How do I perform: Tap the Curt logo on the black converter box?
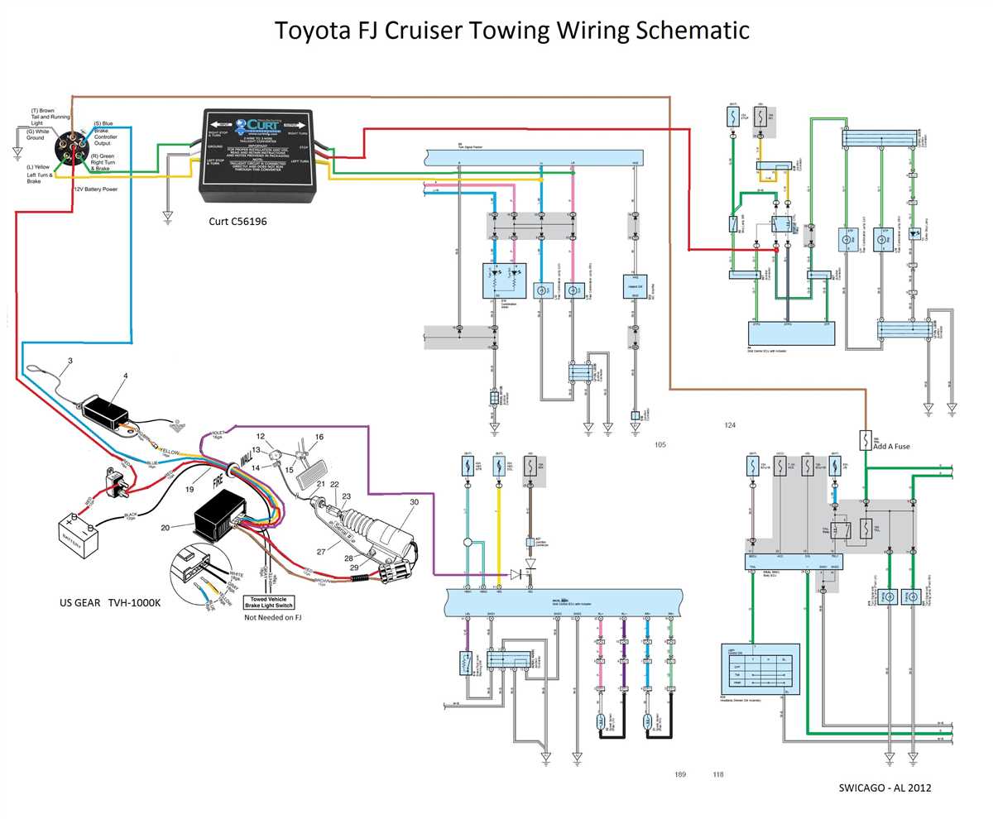pos(257,124)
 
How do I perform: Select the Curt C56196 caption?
pos(237,222)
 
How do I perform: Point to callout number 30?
pos(414,502)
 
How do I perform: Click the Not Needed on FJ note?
pos(272,617)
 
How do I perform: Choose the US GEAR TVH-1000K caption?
pos(110,603)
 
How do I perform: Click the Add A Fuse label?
pos(891,446)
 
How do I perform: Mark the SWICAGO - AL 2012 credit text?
pos(885,788)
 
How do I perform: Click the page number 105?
pos(660,445)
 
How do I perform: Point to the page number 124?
pos(729,425)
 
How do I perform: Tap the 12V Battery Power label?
pos(96,189)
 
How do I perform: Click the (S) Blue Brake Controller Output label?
pos(105,133)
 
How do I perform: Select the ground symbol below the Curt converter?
pos(168,216)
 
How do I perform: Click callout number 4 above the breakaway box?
pos(126,376)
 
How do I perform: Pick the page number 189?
pos(680,774)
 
